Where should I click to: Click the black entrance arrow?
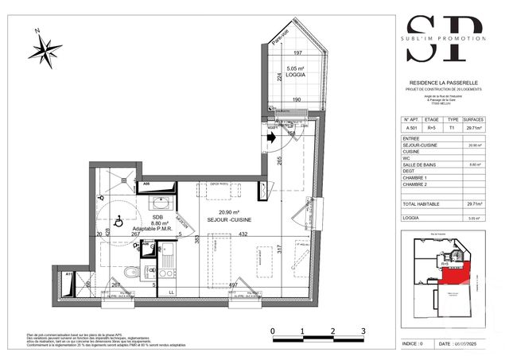(x=272, y=137)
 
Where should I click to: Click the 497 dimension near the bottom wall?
(x=233, y=285)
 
